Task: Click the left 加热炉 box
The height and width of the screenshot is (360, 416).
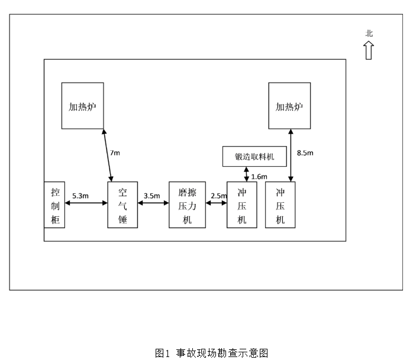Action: (83, 106)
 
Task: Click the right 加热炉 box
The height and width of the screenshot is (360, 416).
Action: (289, 106)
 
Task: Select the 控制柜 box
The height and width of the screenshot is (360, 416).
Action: (54, 205)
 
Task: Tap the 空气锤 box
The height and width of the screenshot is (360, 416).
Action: (122, 205)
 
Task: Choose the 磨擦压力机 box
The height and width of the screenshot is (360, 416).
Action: (187, 205)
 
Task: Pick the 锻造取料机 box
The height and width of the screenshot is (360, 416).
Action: (255, 157)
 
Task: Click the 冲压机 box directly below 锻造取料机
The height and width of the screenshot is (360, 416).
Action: (242, 205)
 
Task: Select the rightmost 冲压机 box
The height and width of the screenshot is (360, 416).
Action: (280, 205)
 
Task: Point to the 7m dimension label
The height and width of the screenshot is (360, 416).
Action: (115, 153)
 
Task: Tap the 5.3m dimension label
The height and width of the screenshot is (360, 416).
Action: (80, 195)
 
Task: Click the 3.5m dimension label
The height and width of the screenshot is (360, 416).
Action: (152, 195)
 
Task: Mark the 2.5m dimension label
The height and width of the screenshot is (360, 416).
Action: (218, 195)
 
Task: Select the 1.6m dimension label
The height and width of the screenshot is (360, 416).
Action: (259, 176)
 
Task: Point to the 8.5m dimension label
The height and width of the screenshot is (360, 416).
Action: (305, 153)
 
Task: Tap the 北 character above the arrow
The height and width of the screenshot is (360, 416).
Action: (369, 34)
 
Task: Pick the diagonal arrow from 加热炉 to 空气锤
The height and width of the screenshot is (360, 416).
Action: (108, 155)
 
